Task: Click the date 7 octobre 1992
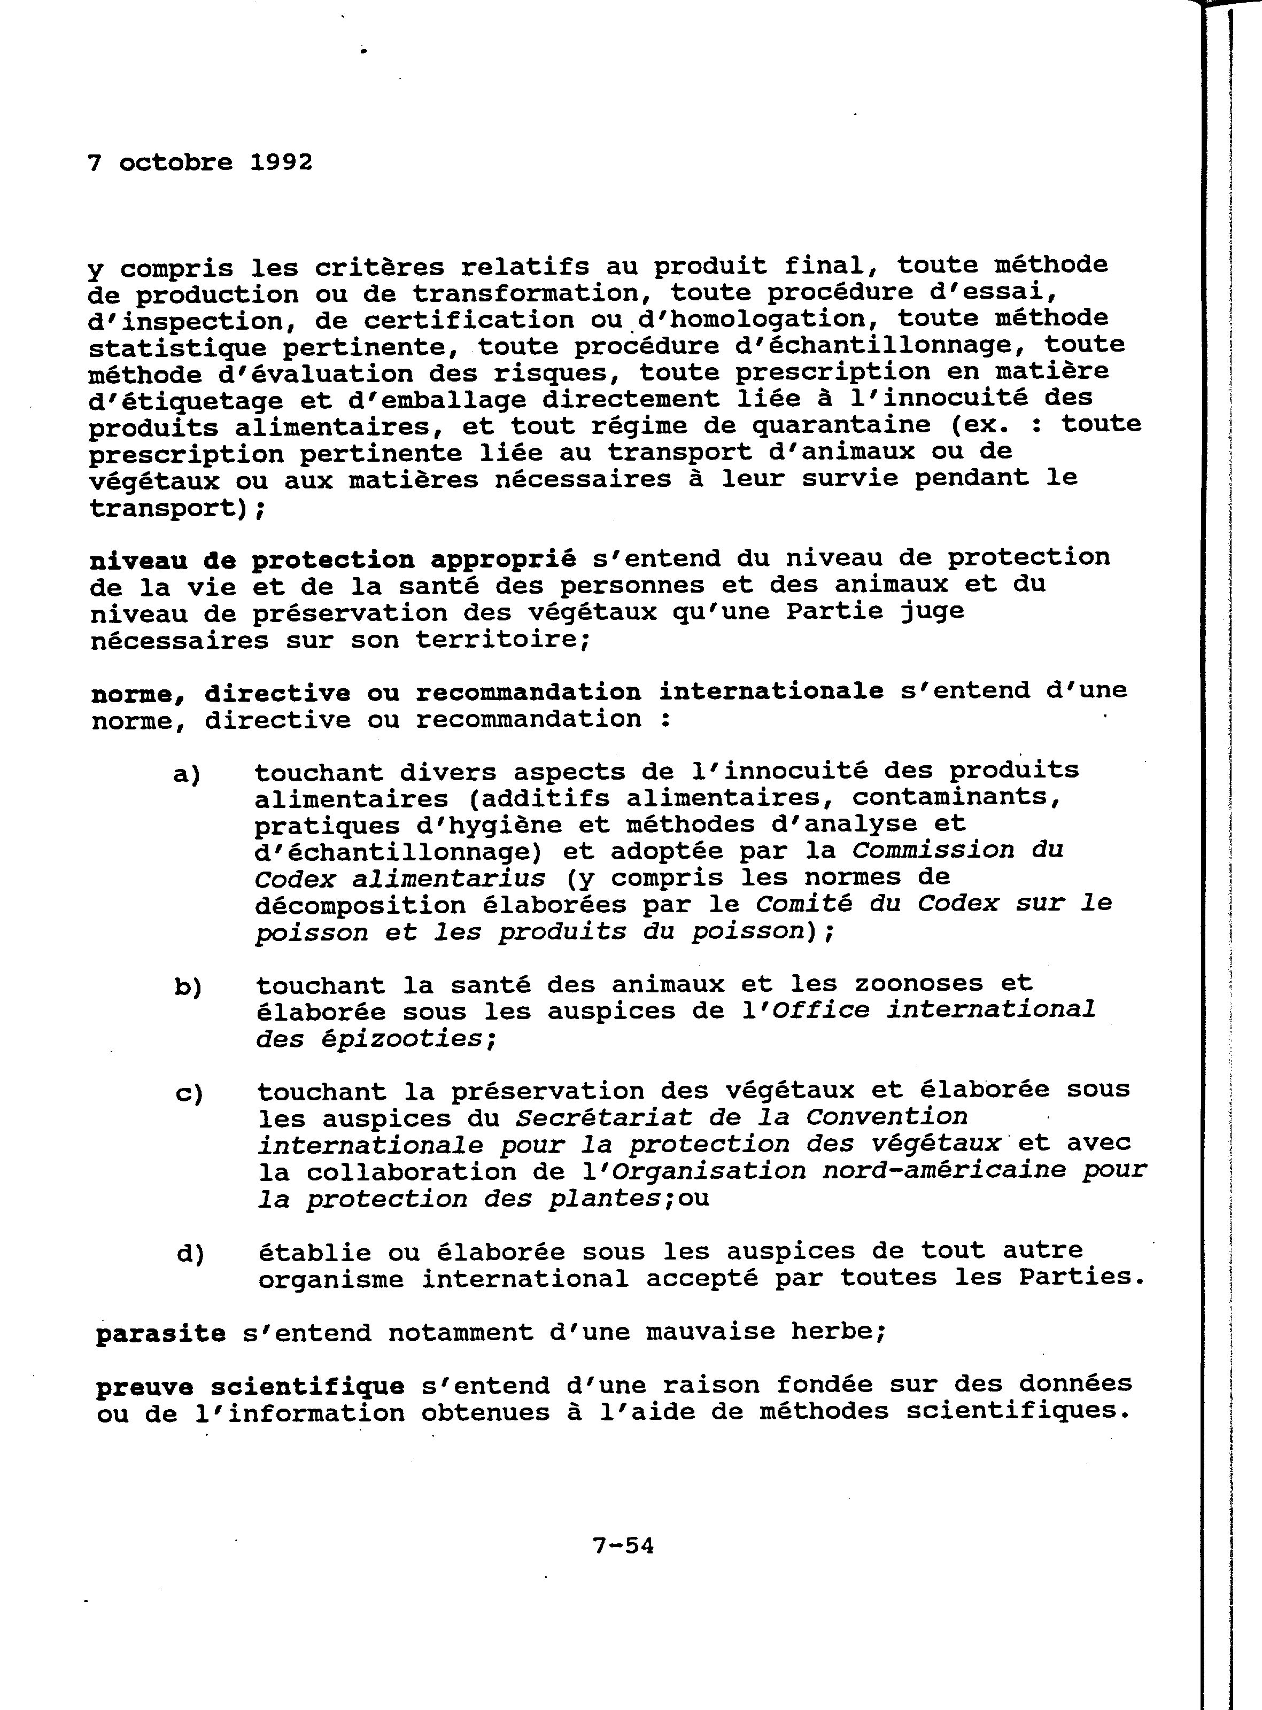point(200,162)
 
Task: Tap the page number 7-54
point(623,1546)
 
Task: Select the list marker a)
point(187,774)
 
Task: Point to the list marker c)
point(189,1094)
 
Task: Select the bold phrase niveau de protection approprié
point(332,560)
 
